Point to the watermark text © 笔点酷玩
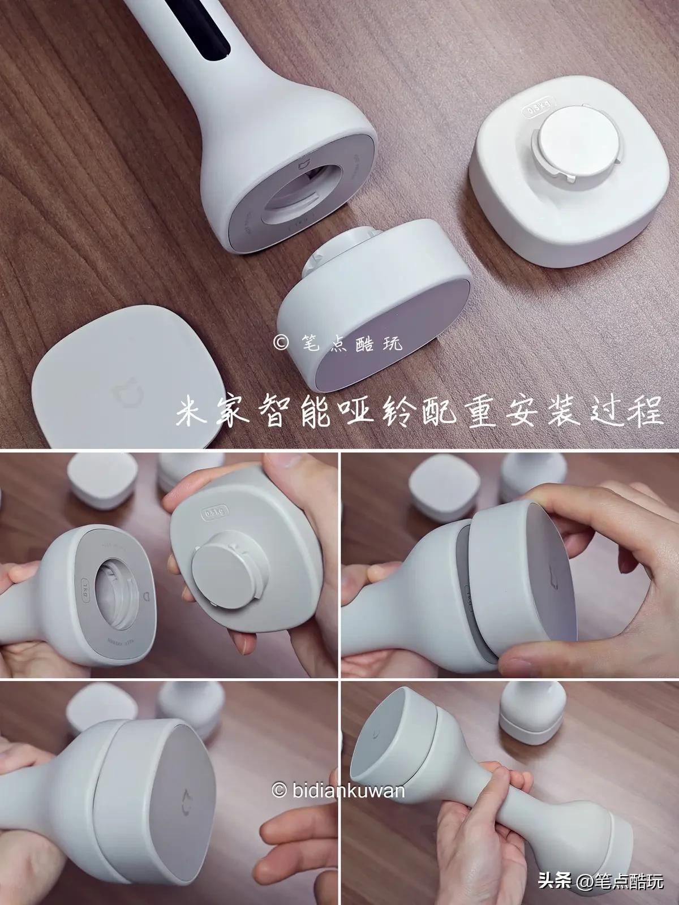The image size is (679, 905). tap(338, 342)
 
